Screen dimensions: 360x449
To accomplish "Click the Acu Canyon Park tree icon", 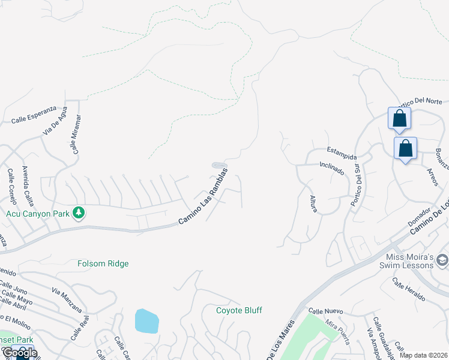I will coord(78,213).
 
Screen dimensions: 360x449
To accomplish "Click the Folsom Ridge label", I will coord(103,263).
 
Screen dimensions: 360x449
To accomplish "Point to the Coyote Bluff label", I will coord(240,310).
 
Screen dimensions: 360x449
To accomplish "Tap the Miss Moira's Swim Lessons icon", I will coord(442,259).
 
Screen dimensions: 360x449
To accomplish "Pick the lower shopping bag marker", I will coord(405,148).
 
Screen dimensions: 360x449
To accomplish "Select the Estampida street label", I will coord(342,152).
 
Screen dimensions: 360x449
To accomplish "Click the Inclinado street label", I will coord(332,167).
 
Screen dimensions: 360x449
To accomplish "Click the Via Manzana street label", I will coord(67,301).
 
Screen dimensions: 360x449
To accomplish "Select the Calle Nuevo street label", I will coord(325,311).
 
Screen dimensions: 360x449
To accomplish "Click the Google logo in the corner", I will coord(19,353).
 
